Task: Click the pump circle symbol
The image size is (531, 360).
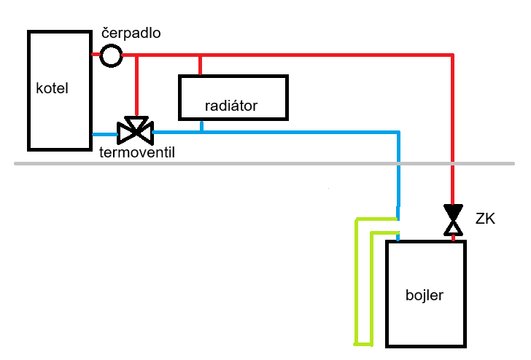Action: click(111, 55)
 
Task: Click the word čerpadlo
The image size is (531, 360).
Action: click(131, 34)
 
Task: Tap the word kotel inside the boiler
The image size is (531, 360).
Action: click(52, 89)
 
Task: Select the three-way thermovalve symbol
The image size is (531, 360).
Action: click(136, 130)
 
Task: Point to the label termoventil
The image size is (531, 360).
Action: click(137, 152)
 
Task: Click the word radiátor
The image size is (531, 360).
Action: click(231, 106)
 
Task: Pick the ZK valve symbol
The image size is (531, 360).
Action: click(453, 221)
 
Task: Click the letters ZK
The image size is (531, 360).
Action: click(485, 218)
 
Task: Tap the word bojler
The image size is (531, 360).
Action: click(425, 296)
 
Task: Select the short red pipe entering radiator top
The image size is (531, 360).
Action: click(200, 65)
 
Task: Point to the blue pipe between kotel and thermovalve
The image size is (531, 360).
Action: click(104, 133)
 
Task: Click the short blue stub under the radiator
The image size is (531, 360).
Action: click(202, 126)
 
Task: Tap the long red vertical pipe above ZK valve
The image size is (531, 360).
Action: click(453, 131)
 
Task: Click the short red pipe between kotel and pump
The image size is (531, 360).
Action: click(96, 55)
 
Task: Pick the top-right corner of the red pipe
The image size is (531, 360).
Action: click(453, 55)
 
